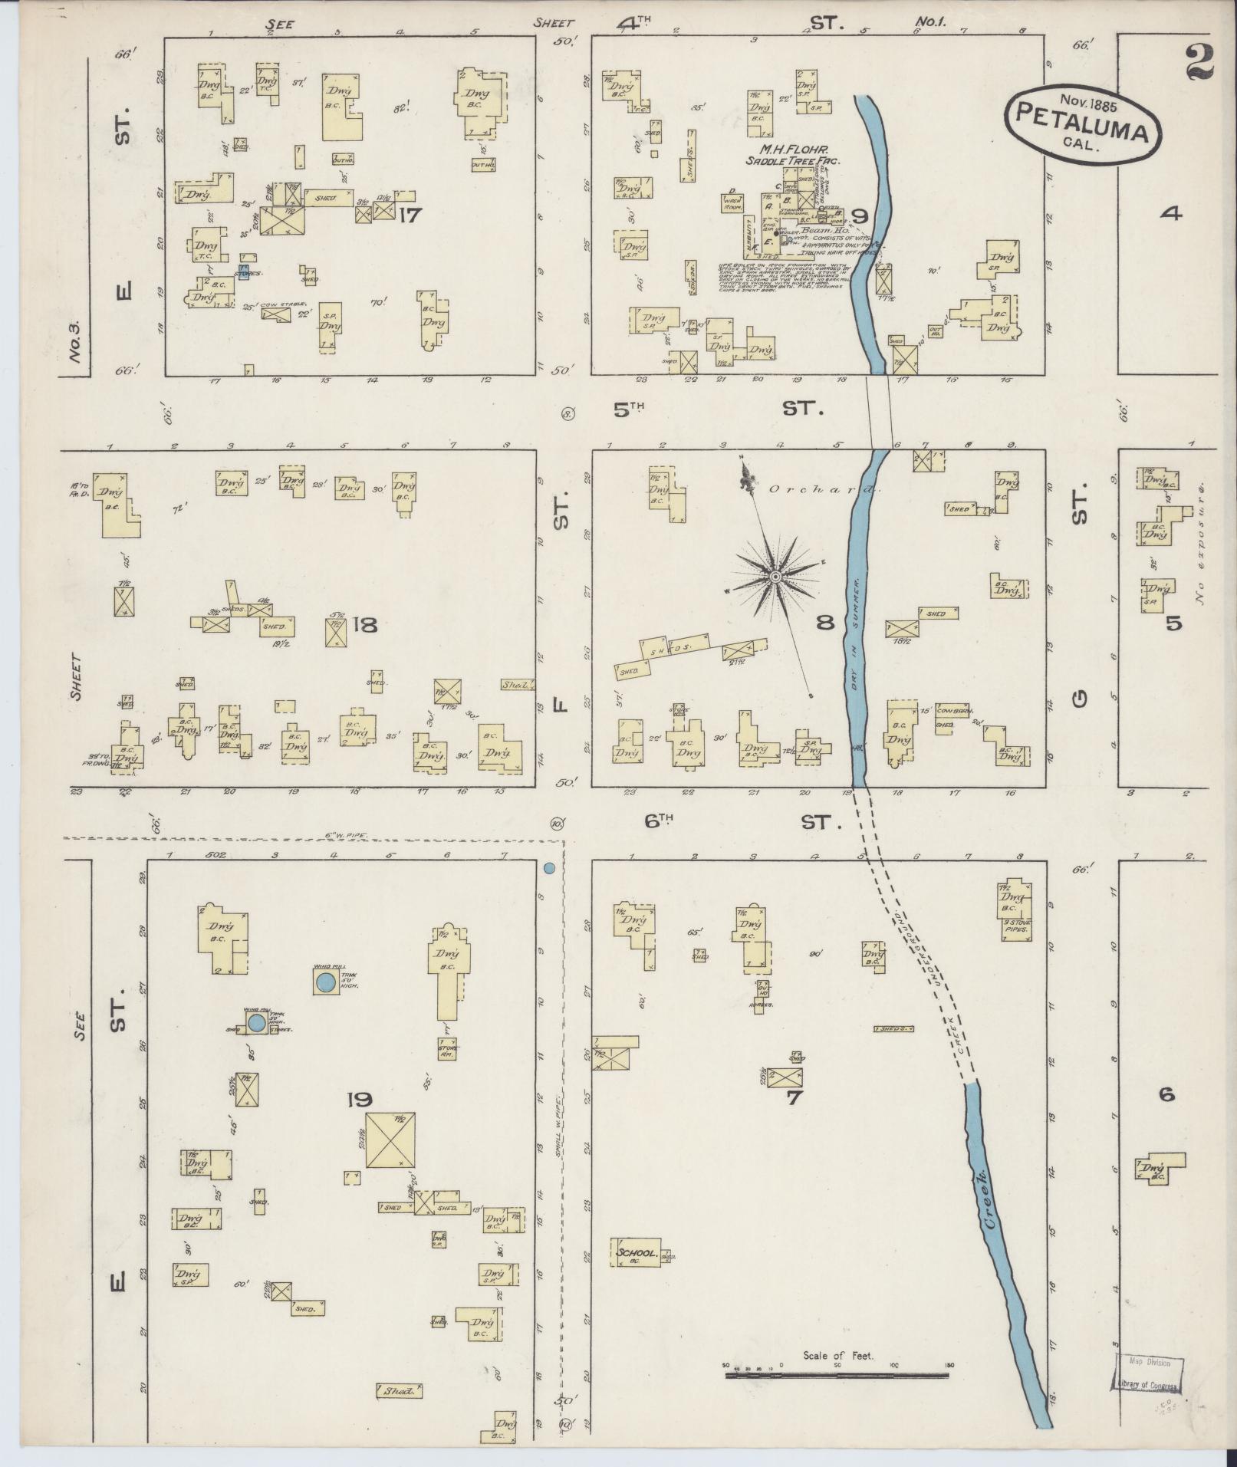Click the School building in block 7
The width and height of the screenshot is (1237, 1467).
click(x=636, y=1253)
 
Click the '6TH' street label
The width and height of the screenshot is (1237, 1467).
click(x=659, y=821)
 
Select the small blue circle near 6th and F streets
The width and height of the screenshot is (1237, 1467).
click(x=549, y=869)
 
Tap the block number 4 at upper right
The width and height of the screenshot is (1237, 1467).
click(x=1170, y=215)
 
